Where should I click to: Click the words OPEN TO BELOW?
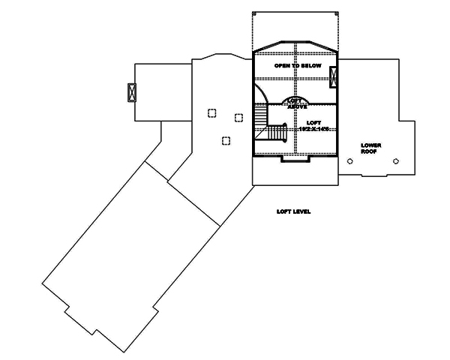pos(298,67)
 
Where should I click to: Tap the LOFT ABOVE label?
pos(295,103)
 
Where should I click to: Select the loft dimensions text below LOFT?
pos(314,130)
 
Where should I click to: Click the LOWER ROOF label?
pos(369,148)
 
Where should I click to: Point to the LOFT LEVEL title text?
pos(293,212)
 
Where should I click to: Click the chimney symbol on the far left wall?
pos(133,93)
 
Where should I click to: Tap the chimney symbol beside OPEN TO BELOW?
pos(334,76)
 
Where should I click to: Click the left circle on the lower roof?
pos(349,160)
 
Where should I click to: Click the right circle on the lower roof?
pos(395,160)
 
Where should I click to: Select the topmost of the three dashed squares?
pos(212,113)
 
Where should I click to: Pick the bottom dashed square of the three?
pos(225,140)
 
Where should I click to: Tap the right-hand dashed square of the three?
pos(238,117)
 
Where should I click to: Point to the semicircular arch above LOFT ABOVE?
pos(295,97)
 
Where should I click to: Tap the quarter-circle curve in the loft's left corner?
pos(261,94)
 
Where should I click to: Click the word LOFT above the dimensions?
pos(314,122)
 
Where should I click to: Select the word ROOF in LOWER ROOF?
pos(369,151)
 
